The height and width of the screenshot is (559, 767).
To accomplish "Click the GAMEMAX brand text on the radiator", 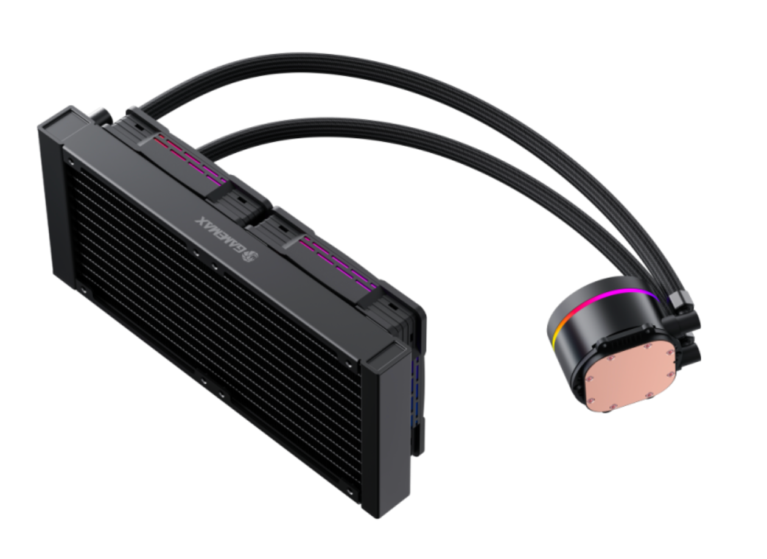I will pos(219,235).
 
